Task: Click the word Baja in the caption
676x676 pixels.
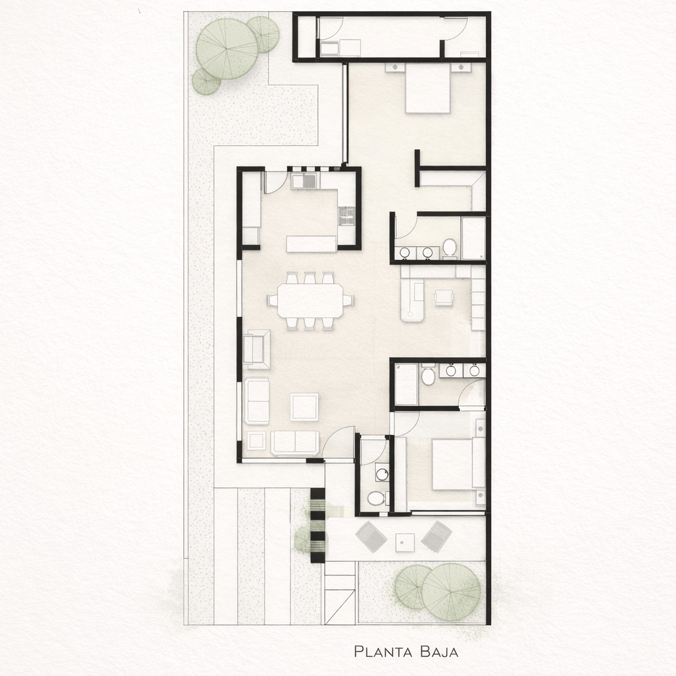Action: pos(440,651)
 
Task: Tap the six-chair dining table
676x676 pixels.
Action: pos(310,300)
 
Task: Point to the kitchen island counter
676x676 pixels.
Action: pos(312,244)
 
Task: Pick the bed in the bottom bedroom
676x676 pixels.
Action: pos(452,464)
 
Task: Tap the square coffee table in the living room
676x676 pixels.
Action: pos(304,407)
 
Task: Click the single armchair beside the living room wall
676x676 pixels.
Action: pos(257,349)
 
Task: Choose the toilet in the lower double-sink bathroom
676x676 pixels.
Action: pos(428,376)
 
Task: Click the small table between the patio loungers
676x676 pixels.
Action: pos(405,542)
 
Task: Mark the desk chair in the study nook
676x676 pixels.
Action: pos(444,298)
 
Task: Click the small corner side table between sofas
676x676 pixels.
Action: pos(257,441)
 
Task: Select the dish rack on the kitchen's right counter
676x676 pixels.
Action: pos(346,216)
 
